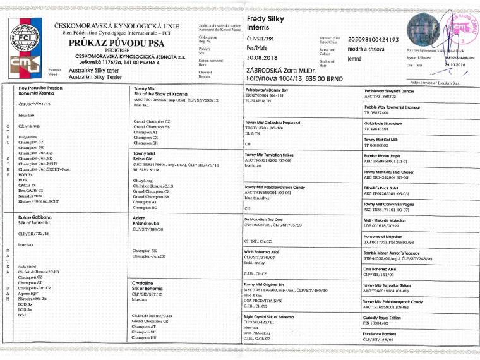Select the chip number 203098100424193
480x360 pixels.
pyautogui.click(x=375, y=39)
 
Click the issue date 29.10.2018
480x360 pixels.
pyautogui.click(x=455, y=64)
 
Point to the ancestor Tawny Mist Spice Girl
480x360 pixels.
pyautogui.click(x=144, y=156)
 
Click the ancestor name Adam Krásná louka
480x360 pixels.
pyautogui.click(x=144, y=221)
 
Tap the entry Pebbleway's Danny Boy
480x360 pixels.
pyautogui.click(x=267, y=91)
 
